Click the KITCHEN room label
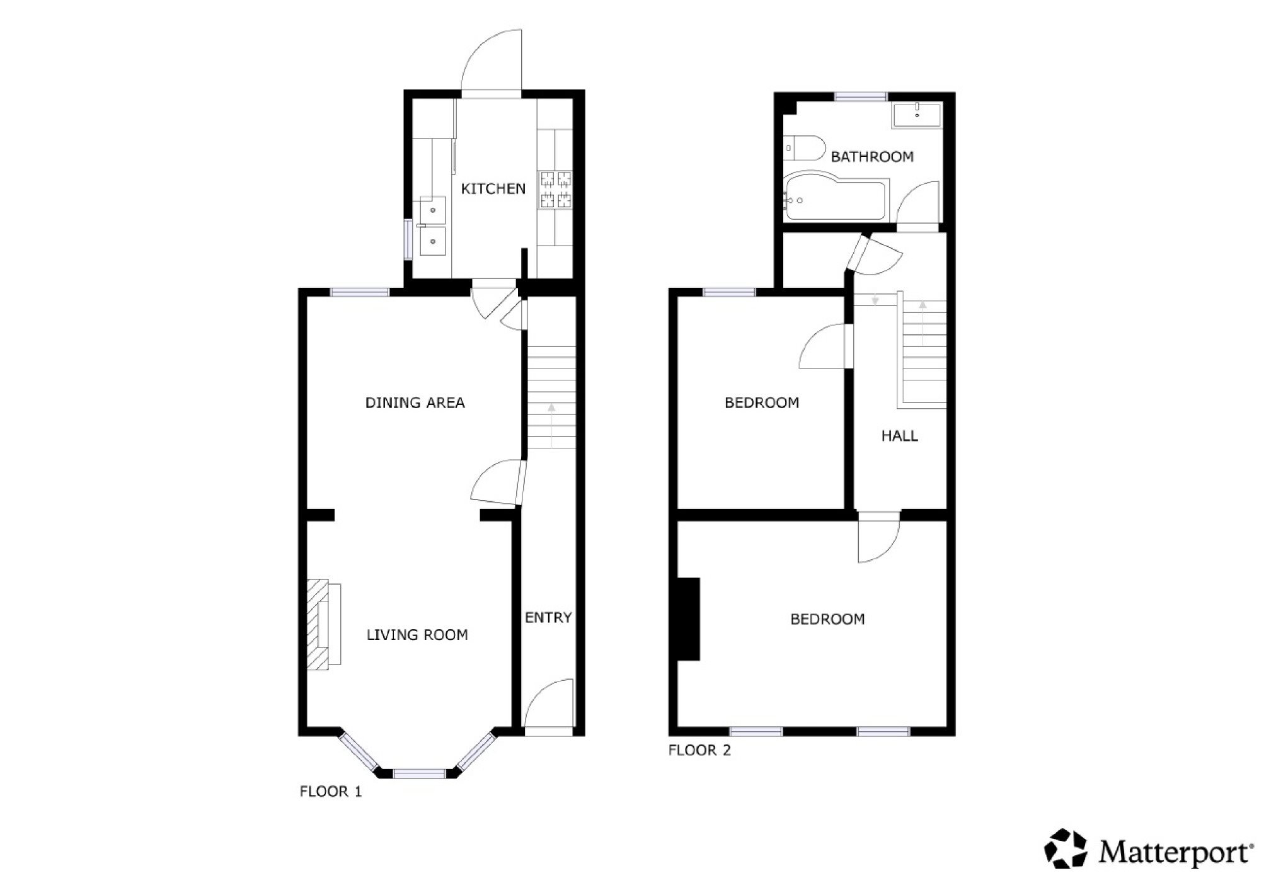[493, 188]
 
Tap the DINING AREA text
[415, 402]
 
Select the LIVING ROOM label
[417, 635]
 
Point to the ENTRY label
[548, 618]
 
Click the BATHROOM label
[872, 157]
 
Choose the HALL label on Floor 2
[899, 436]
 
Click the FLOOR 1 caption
[331, 792]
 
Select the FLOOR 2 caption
[699, 750]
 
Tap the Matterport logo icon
[1066, 848]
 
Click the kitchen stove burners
[555, 190]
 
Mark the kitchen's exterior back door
[491, 61]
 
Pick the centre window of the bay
[420, 773]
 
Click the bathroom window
[861, 96]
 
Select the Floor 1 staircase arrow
[552, 426]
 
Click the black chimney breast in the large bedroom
[689, 619]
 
